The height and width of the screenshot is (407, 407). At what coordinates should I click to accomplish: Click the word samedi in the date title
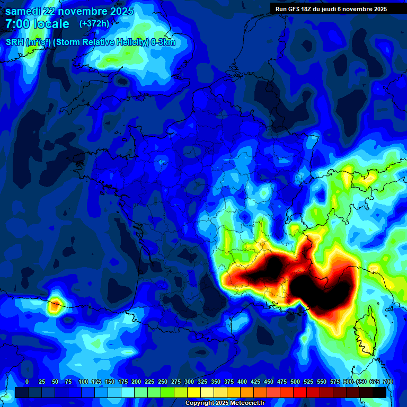coord(25,11)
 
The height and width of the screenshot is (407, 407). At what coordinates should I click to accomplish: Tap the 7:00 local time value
coord(17,24)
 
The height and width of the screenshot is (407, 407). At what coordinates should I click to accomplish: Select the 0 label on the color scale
coord(27,382)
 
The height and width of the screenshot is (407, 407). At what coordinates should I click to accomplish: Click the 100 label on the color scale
coord(83,382)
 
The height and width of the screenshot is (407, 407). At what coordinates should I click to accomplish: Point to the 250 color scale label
coord(163,382)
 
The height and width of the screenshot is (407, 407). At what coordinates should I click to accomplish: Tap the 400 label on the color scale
coord(242,382)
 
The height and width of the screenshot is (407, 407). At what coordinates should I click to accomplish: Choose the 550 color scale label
coord(322,382)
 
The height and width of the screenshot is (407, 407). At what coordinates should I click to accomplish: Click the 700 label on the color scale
coord(387,382)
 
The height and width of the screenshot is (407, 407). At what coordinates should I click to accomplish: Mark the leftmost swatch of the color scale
coord(21,392)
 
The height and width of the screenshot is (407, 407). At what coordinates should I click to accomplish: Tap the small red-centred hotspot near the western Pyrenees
coord(55,305)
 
